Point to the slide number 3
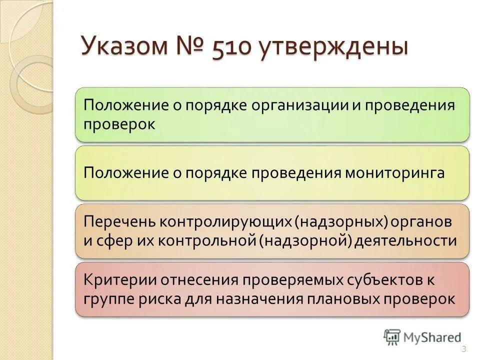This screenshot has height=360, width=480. pyautogui.click(x=463, y=349)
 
